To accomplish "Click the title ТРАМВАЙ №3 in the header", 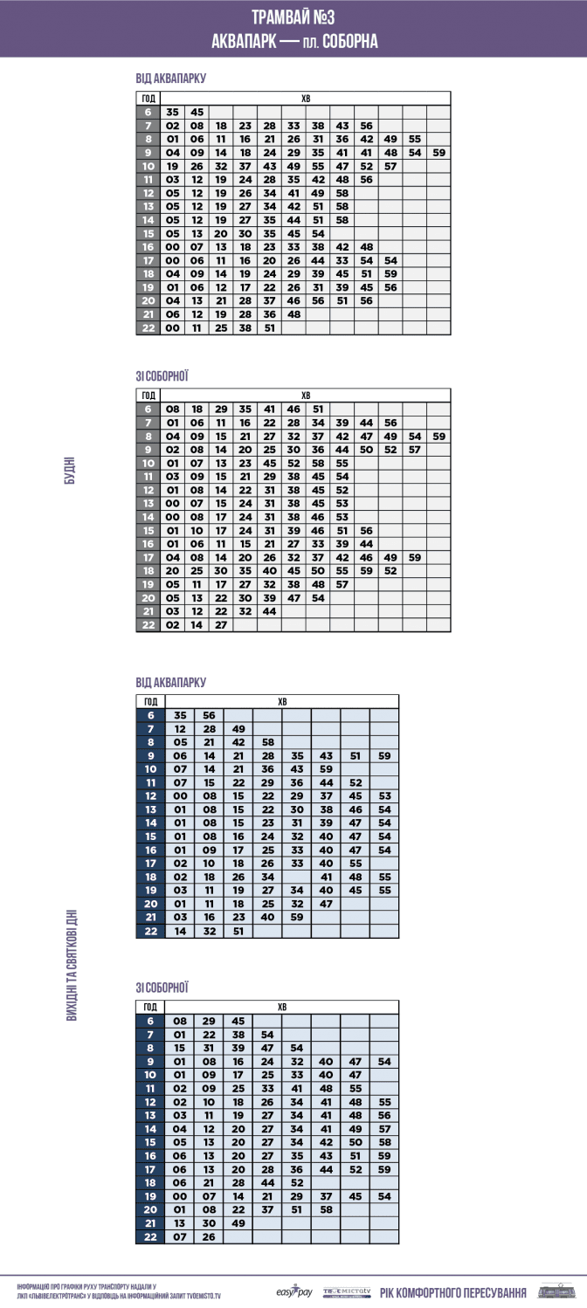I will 293,17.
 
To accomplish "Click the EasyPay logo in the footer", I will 293,1291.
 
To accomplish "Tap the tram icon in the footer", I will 552,1291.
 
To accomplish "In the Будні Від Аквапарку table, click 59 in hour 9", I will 439,153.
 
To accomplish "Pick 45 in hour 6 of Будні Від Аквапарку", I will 197,112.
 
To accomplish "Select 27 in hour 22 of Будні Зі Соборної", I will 220,625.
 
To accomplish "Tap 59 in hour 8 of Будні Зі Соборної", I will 439,437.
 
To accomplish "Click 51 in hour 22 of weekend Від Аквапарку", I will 238,932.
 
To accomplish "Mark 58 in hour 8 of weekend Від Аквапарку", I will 267,742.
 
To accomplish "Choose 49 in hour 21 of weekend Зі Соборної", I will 238,1223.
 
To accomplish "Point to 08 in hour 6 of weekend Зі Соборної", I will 180,1021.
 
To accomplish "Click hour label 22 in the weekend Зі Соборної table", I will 150,1237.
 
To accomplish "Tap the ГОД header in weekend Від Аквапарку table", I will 150,701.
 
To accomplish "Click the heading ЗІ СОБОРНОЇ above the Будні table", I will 162,376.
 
